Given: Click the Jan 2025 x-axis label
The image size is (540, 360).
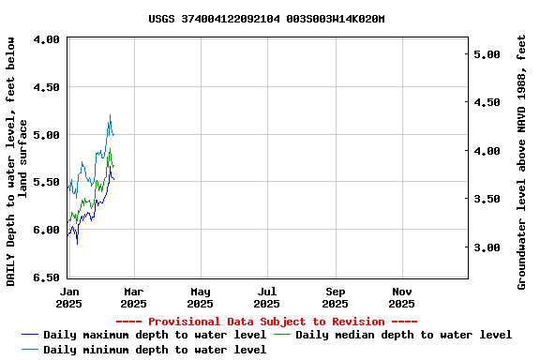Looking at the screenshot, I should coord(68,297).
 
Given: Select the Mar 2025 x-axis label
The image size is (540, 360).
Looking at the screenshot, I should coord(133,297).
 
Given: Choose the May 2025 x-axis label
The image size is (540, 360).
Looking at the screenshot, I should coord(200,297).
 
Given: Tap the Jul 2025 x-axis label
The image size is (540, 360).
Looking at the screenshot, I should coord(266,297).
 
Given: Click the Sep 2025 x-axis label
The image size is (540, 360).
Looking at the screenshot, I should coord(335,297).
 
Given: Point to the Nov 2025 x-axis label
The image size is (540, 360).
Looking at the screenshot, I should coord(401,297).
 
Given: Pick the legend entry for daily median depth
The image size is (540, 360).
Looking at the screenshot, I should coord(404,335).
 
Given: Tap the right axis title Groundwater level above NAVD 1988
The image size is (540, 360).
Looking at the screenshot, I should coord(522,161).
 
